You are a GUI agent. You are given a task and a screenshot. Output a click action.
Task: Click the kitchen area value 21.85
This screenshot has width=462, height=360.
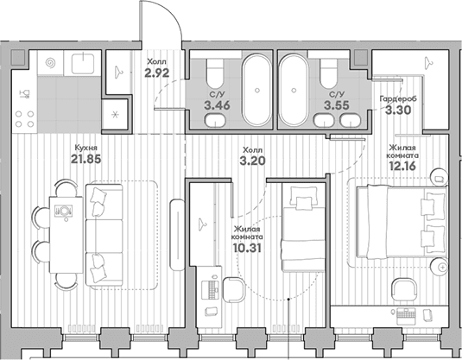[86, 159]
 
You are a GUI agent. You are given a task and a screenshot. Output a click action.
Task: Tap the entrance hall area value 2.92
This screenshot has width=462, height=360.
[157, 73]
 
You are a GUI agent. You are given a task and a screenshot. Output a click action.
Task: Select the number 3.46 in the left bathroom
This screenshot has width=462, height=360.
[217, 105]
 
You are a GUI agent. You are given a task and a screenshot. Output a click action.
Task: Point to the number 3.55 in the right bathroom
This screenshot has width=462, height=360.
[337, 105]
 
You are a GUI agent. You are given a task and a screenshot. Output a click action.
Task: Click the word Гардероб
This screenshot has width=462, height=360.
[398, 98]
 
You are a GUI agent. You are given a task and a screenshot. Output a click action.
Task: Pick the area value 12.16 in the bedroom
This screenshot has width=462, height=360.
[402, 166]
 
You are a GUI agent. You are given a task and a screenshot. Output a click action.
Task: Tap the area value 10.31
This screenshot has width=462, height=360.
[247, 249]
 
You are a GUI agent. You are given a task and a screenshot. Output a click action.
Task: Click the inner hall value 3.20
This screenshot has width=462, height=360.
[252, 161]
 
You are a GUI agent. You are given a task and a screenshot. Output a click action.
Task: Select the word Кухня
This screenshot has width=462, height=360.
[86, 148]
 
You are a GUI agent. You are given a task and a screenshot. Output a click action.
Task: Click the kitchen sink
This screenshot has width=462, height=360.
[83, 63]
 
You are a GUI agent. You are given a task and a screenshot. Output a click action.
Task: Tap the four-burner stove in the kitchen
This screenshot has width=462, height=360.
[24, 119]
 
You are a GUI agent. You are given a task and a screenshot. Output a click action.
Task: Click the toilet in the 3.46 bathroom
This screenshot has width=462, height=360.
[215, 73]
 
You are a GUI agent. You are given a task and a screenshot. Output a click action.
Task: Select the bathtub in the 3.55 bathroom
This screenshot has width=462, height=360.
[294, 90]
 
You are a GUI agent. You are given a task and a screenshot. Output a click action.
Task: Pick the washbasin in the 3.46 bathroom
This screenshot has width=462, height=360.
[215, 121]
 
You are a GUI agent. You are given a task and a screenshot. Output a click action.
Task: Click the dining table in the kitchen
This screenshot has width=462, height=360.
[66, 235]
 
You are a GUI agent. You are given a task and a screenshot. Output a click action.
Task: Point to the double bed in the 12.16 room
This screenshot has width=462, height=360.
[402, 224]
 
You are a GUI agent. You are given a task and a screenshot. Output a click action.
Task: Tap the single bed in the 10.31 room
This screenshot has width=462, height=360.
[303, 227]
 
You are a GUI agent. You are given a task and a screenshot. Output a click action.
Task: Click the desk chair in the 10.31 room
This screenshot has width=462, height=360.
[234, 290]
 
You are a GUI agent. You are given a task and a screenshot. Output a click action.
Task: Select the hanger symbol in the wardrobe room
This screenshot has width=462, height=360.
[428, 62]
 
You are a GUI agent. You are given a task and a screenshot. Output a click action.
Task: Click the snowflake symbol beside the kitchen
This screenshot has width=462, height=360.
[115, 115]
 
